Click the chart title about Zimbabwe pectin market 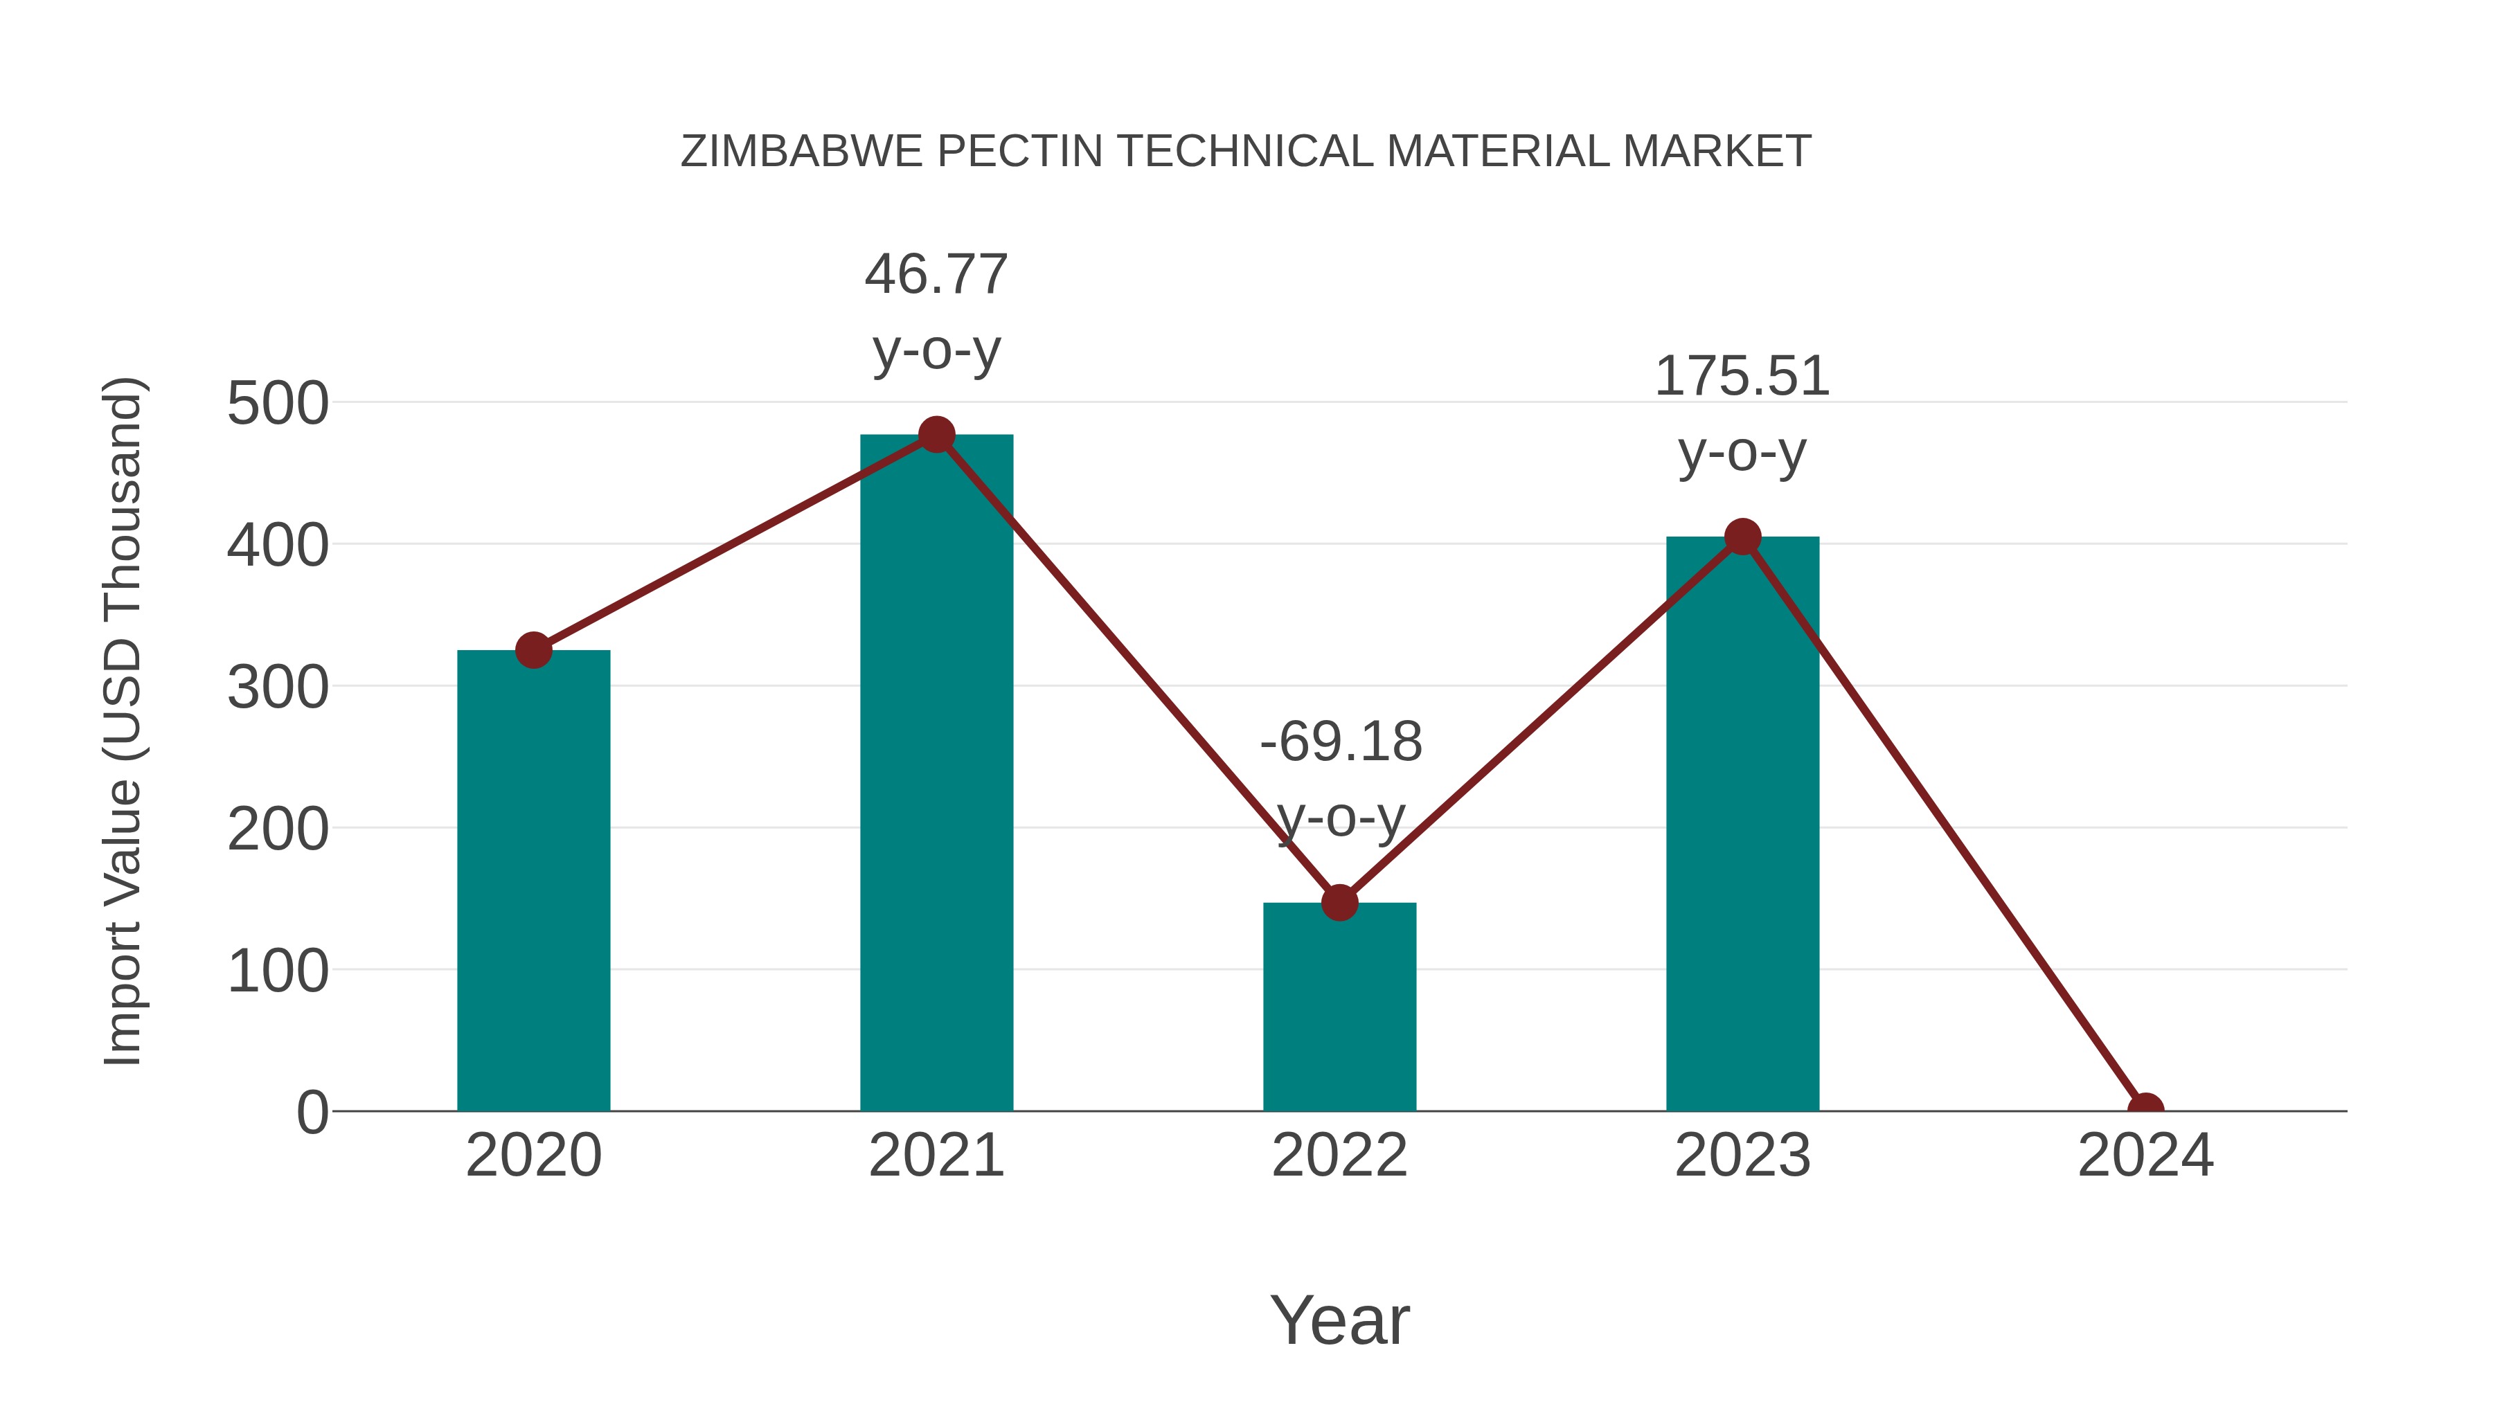[x=1246, y=152]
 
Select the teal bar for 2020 [x=533, y=881]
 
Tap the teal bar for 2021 [x=936, y=774]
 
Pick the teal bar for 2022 [x=1339, y=1006]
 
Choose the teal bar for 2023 [x=1742, y=823]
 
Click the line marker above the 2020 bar [x=533, y=650]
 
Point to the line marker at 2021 [x=936, y=434]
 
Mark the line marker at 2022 [x=1339, y=903]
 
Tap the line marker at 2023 [x=1742, y=537]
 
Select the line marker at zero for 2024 [x=2145, y=1109]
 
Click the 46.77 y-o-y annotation [x=936, y=312]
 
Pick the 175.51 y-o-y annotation [x=1742, y=414]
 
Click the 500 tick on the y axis [x=278, y=404]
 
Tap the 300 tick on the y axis [x=278, y=688]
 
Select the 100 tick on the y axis [x=278, y=971]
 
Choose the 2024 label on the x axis [x=2145, y=1156]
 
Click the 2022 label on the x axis [x=1339, y=1156]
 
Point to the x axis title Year [x=1339, y=1320]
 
